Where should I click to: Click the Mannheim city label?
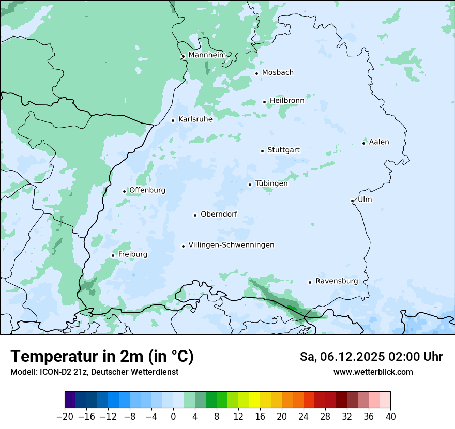point(207,55)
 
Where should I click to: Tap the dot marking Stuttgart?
point(262,151)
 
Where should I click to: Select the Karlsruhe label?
point(195,119)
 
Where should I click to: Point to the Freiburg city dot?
point(113,255)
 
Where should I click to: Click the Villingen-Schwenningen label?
point(231,245)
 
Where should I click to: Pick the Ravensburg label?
point(337,281)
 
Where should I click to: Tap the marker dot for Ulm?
point(352,201)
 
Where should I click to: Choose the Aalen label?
point(379,142)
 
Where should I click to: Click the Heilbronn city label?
point(287,101)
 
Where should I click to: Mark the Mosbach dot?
point(256,73)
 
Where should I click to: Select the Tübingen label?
point(271,183)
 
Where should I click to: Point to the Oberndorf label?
point(219,214)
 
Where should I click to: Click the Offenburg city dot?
point(124,191)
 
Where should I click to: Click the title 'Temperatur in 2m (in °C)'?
point(102,357)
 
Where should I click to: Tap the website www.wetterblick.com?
point(373,372)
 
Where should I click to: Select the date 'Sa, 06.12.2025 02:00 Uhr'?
point(371,357)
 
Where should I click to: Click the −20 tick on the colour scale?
point(65,417)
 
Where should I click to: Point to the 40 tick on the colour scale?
point(390,417)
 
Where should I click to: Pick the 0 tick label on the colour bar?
point(173,417)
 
